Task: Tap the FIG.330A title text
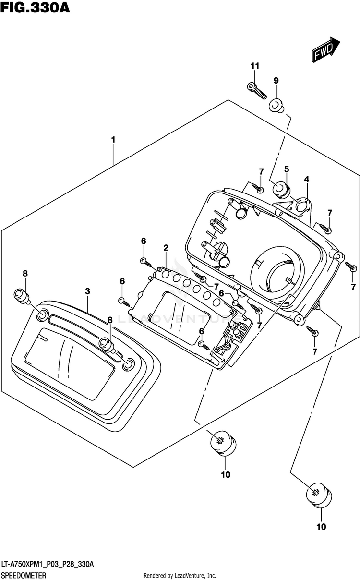36,8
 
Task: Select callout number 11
255,66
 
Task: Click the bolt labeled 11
257,91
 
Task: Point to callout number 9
276,81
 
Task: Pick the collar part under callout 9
276,106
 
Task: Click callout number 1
113,140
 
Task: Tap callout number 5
286,169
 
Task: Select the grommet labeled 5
281,190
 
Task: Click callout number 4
306,179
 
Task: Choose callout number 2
166,248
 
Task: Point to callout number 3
87,291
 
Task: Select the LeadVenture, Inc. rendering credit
180,576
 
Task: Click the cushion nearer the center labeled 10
223,443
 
